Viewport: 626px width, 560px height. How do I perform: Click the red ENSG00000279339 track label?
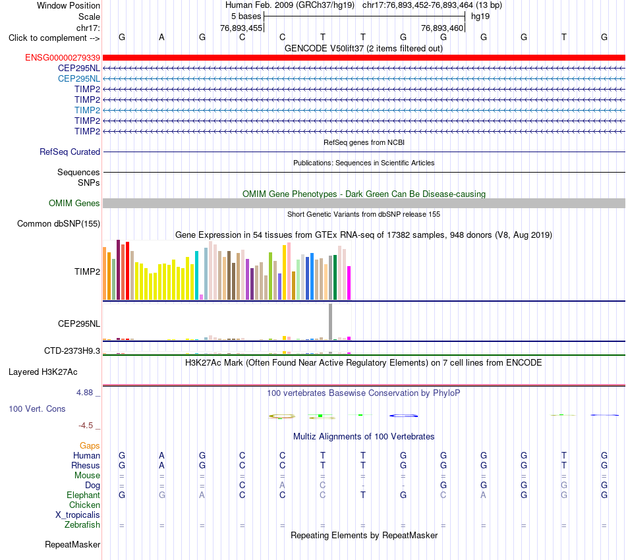(x=63, y=58)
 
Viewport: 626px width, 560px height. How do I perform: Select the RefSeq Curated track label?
(x=70, y=152)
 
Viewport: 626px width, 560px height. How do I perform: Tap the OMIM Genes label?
(x=74, y=203)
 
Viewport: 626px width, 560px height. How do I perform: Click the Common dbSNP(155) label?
(x=59, y=223)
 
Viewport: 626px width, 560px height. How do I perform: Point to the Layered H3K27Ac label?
(x=43, y=372)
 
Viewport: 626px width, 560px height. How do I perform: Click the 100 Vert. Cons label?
(x=37, y=408)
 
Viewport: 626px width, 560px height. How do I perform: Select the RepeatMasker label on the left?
(x=72, y=544)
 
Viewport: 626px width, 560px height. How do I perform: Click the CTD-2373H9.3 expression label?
(x=72, y=351)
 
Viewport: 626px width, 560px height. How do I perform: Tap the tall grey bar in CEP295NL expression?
(x=331, y=322)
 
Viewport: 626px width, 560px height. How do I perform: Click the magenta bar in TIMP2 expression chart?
(x=349, y=283)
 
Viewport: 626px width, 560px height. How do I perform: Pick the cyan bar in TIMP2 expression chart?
(x=196, y=275)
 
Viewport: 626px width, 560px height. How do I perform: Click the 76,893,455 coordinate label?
(x=241, y=28)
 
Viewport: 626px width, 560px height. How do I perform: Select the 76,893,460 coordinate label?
(x=442, y=28)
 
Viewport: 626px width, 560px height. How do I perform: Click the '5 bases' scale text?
(x=246, y=16)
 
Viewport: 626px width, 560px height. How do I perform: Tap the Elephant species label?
(x=84, y=495)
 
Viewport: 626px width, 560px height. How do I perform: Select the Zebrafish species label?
(x=82, y=524)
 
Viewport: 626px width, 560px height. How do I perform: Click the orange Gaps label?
(x=90, y=445)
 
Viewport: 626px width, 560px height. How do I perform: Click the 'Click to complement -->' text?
(x=54, y=38)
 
